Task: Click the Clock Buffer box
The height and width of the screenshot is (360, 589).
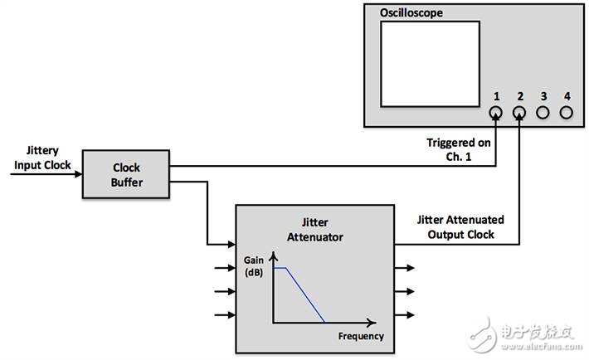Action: tap(126, 174)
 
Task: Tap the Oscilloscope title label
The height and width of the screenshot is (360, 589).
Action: tap(411, 12)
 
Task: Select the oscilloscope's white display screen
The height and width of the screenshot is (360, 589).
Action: tap(430, 64)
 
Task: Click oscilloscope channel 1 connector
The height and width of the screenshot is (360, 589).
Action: tap(496, 112)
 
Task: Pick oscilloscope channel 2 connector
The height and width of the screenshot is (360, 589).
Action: tap(519, 112)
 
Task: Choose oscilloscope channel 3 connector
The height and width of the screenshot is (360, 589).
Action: tap(543, 112)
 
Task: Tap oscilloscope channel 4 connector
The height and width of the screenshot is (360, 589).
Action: tap(566, 112)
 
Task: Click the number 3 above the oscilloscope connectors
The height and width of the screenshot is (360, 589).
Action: tap(543, 96)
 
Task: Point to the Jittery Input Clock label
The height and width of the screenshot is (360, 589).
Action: tap(42, 158)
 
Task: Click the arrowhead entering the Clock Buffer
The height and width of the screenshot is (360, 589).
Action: tap(79, 174)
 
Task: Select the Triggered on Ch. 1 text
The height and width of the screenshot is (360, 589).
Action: tap(458, 149)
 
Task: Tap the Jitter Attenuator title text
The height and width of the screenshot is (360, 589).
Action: tap(314, 230)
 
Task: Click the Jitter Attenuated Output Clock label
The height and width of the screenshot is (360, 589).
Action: tap(460, 227)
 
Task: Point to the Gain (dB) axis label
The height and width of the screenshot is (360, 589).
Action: tap(254, 266)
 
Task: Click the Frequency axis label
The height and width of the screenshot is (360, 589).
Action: tap(361, 336)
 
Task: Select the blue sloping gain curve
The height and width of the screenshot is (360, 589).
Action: tap(305, 294)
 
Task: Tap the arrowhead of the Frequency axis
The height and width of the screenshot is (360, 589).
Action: tap(372, 323)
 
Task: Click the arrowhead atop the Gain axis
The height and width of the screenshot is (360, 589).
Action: tap(274, 256)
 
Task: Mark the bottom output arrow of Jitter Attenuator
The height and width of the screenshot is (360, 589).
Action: tap(405, 315)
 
